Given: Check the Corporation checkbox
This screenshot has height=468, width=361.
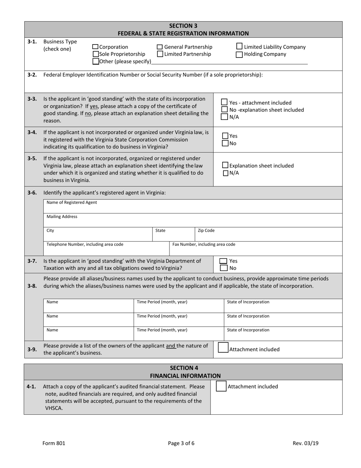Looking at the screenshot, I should (96, 47).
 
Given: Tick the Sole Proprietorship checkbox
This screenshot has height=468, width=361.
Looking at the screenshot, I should (96, 54).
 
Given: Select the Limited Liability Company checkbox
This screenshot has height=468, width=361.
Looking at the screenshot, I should (239, 46).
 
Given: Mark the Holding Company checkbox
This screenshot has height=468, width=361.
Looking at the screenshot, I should (239, 54).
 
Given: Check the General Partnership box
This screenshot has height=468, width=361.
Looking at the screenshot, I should (160, 47).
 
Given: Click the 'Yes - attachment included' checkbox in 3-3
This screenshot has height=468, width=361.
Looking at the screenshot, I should (225, 102).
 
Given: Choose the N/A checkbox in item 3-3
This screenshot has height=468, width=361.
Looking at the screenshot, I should (225, 117).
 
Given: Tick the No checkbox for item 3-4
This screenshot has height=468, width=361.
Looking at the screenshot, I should (225, 143).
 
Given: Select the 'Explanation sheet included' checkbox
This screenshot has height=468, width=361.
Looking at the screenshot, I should (225, 166).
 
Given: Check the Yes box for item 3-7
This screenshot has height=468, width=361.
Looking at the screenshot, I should (223, 261).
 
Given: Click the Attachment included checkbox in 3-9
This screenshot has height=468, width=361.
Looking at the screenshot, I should (223, 348).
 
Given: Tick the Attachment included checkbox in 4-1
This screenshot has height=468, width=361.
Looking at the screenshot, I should (221, 386).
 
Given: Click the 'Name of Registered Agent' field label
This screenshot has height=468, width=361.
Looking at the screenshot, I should (72, 202).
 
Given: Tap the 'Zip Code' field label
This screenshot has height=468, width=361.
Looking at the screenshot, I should (206, 231).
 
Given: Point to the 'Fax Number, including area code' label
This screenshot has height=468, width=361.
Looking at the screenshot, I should (204, 244).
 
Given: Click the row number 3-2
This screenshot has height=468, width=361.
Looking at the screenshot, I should (32, 75).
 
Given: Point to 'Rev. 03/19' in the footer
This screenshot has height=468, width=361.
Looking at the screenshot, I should (306, 443).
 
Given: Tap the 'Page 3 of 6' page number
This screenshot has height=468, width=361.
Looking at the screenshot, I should (181, 443).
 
